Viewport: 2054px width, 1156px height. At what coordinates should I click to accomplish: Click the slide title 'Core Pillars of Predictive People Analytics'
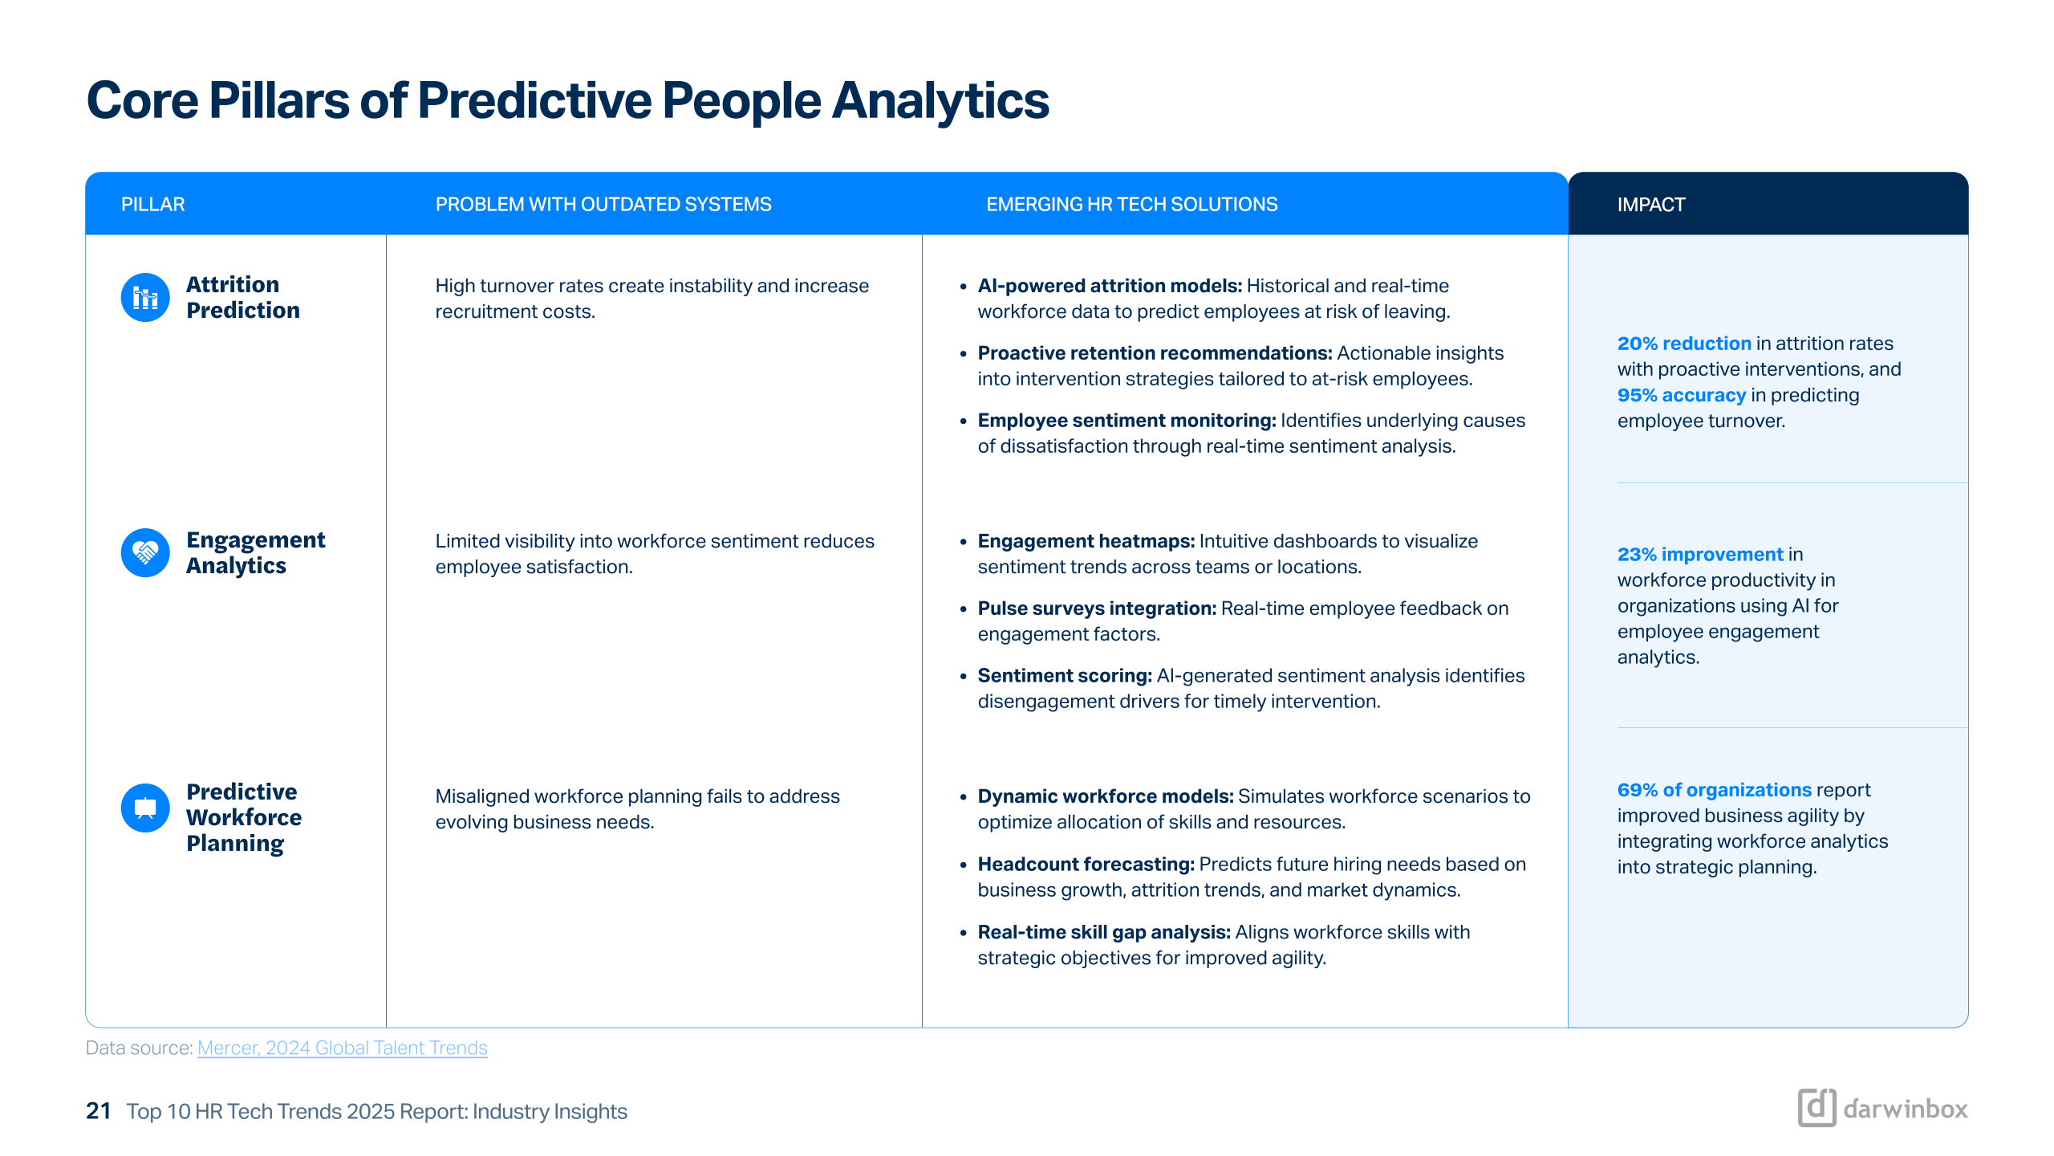567,101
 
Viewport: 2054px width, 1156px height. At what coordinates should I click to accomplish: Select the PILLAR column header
152,205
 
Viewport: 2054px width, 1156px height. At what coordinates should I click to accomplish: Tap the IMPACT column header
1650,205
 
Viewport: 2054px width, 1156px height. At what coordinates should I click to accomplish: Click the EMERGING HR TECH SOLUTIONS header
1131,205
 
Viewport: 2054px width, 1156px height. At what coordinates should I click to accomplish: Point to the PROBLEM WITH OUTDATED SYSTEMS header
603,205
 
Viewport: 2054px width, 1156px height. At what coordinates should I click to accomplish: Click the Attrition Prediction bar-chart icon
145,298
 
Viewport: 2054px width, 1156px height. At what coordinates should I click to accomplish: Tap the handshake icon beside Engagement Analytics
145,552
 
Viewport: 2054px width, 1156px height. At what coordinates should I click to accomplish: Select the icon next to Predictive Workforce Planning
145,808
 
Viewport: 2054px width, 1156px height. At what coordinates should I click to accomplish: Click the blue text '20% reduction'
1684,344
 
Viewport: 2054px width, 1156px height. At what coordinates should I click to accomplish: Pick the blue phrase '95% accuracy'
1682,395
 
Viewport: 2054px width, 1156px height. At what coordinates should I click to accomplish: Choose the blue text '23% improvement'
1700,554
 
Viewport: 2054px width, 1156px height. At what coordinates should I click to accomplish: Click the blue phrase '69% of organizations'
1715,790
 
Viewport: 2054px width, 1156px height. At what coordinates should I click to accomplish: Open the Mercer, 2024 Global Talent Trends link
343,1048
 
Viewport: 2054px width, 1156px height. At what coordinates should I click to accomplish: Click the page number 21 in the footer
98,1111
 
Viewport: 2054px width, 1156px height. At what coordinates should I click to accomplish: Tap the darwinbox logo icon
1817,1108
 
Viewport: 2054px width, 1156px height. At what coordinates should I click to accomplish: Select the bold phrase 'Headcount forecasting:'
1086,864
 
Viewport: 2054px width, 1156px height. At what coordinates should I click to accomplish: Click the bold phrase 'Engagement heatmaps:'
1086,541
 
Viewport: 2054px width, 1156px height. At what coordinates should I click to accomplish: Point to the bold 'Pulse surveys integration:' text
1098,609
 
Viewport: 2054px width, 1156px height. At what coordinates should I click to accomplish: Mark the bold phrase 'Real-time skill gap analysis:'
1104,932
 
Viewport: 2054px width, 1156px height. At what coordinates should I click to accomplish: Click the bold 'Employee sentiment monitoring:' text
1126,421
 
